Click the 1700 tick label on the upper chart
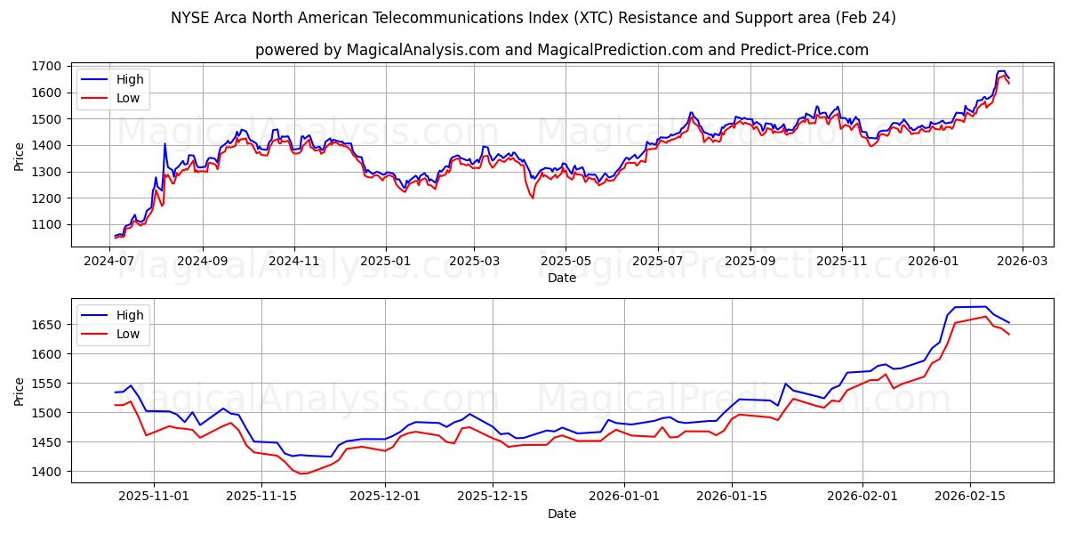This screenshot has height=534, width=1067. pos(46,66)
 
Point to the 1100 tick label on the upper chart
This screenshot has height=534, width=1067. pos(46,224)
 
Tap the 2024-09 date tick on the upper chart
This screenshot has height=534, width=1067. pos(202,260)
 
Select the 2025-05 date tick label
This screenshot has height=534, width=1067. pos(566,260)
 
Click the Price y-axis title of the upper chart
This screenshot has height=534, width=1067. pos(20,157)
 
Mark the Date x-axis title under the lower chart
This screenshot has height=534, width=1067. pos(561,514)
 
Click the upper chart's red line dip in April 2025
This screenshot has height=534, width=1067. pos(533,198)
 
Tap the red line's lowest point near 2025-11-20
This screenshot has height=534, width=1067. pos(302,473)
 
